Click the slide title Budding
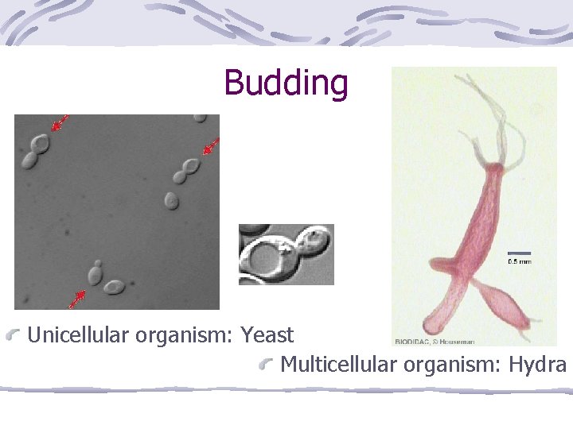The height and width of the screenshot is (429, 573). (286, 83)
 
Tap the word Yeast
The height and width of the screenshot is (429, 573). (267, 335)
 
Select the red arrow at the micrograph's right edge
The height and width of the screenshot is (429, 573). (210, 147)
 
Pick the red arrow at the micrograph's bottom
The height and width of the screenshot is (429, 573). (77, 298)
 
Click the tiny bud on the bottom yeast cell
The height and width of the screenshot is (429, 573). (98, 263)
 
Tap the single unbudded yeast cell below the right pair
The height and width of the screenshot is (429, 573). (171, 199)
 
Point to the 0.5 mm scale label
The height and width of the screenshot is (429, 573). (520, 261)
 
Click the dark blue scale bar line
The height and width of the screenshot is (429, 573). (519, 253)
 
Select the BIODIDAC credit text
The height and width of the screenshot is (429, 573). (435, 342)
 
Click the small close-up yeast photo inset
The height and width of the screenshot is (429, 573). (286, 254)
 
